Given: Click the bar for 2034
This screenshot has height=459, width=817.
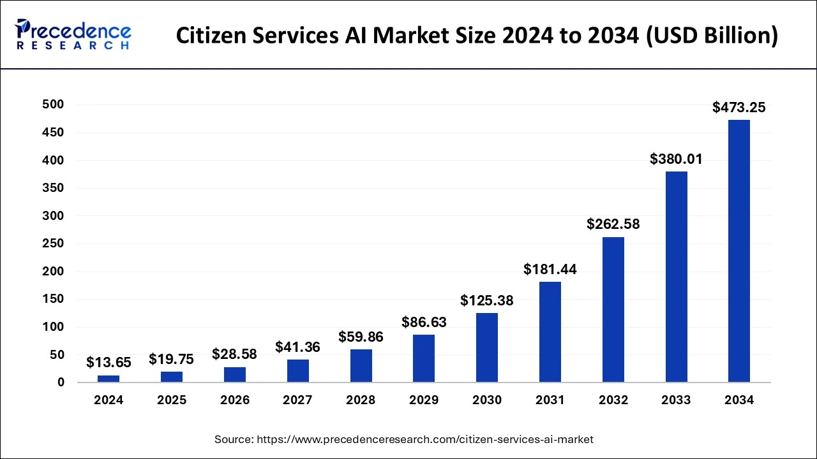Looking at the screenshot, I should pos(739,251).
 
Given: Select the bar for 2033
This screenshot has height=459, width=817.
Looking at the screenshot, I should pos(676,277).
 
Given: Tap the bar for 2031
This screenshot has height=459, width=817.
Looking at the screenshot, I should pos(550,332).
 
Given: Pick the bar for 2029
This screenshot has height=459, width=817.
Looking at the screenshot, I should pos(424,358).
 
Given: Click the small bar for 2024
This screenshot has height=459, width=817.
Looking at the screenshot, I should pos(109,379).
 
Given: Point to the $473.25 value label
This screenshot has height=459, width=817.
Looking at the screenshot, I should pos(739,108).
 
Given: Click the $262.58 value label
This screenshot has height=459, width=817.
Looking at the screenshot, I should pos(613,224).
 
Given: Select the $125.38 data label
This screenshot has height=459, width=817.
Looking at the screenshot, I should pos(487,300).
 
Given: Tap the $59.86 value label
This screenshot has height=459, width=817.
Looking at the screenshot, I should pos(361,337).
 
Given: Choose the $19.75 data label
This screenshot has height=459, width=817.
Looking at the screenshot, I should pos(172,359).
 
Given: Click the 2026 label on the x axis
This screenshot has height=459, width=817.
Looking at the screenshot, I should pos(235,400).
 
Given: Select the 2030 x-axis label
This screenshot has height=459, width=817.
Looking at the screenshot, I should pos(487,400).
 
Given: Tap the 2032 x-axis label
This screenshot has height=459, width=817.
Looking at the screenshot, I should pos(613,400).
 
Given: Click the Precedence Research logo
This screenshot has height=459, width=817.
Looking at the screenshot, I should pos(73,35).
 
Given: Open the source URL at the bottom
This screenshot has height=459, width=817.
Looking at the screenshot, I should pos(404,439).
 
